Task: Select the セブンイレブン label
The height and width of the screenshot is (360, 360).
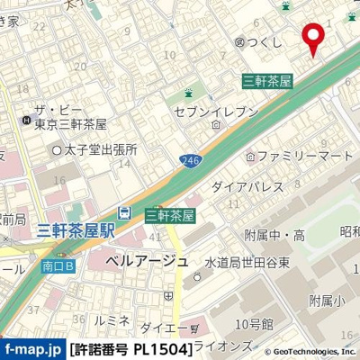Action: coord(222,112)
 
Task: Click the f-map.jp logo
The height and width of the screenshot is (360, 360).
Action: coord(31,347)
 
